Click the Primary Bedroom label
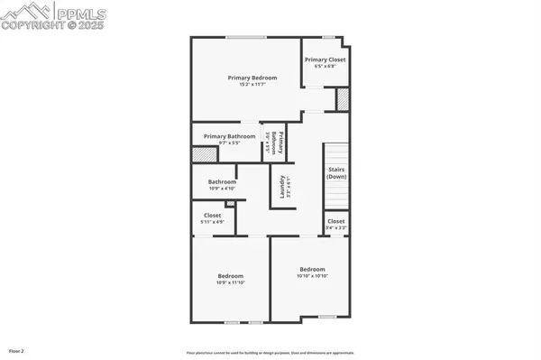[252, 78]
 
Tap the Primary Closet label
[325, 60]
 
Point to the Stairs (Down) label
[336, 172]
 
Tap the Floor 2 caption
[16, 350]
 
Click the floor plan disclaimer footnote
[270, 351]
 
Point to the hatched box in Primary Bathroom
[200, 154]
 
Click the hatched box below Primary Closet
[343, 97]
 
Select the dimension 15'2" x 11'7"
[252, 84]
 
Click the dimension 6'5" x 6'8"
[325, 66]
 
